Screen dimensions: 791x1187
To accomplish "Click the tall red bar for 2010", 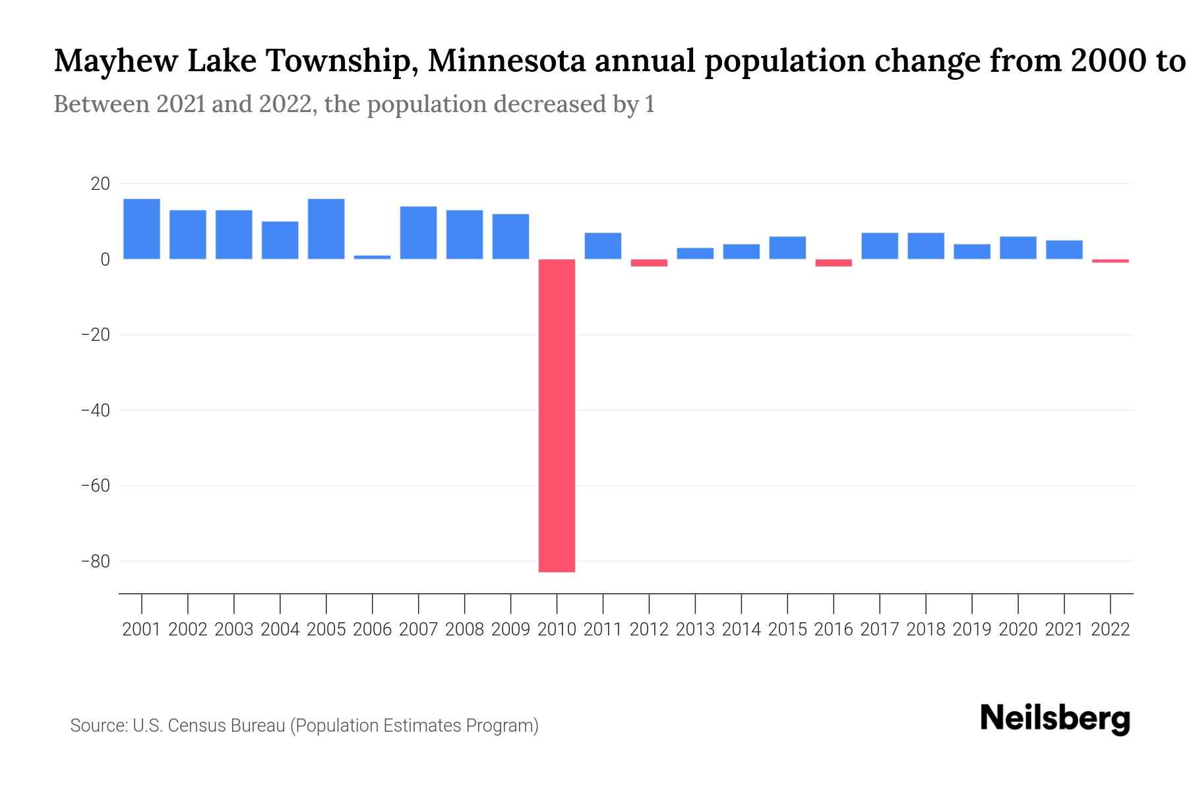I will (557, 415).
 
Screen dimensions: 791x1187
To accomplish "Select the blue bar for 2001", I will (142, 229).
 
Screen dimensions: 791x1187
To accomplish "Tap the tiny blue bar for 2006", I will (372, 257).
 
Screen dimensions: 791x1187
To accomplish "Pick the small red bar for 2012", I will (649, 262).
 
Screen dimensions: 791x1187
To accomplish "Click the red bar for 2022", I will (1110, 261).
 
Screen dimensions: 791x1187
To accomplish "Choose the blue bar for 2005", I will (326, 229).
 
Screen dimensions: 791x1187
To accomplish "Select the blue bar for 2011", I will (603, 246).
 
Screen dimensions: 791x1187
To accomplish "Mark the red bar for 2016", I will (834, 262).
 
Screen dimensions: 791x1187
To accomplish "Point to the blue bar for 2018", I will (926, 246).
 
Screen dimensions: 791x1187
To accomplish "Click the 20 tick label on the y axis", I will (100, 184).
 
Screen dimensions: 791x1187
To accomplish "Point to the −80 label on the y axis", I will (95, 562).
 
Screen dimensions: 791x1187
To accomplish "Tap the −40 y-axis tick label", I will (95, 411).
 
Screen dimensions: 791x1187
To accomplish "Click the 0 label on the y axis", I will (105, 260).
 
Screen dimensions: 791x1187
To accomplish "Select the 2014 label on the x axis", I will (741, 630).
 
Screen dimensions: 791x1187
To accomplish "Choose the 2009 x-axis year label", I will (510, 630).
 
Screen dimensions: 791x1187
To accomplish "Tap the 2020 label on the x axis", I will (1018, 630).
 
